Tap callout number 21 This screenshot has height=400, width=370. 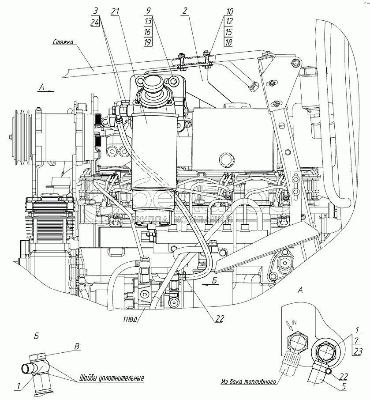pyautogui.click(x=116, y=11)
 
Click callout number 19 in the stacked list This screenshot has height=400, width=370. pyautogui.click(x=148, y=42)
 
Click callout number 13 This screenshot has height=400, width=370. pyautogui.click(x=148, y=22)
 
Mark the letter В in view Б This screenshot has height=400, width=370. pyautogui.click(x=78, y=347)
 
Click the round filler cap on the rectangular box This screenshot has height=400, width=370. pyautogui.click(x=224, y=157)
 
